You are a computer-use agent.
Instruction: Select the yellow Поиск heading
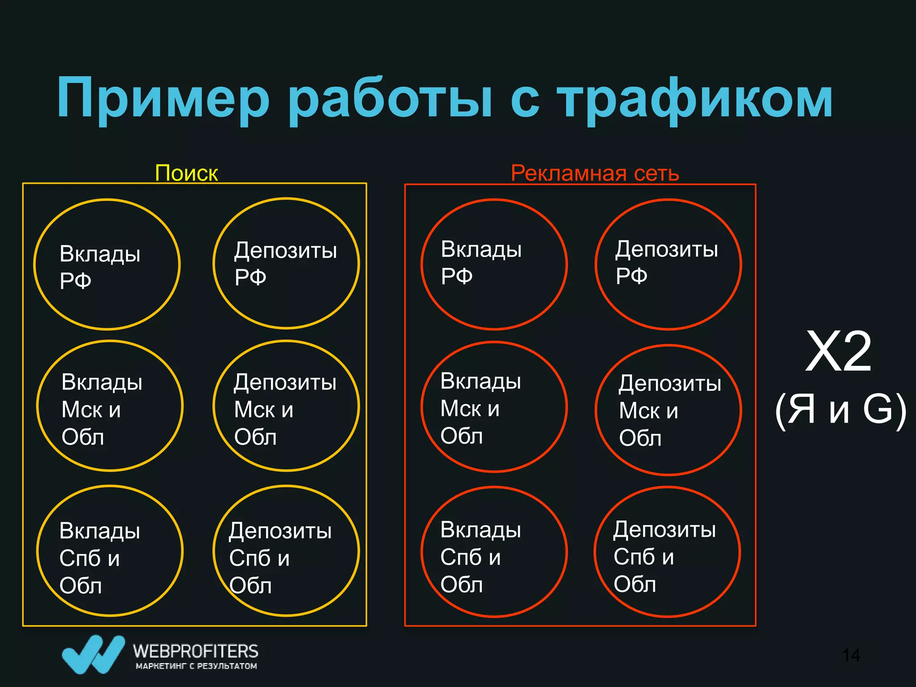click(x=186, y=173)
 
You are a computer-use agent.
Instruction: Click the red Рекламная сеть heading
click(x=595, y=173)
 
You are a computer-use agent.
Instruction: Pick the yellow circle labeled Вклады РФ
click(x=107, y=264)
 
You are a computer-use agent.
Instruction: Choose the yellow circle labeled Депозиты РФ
click(x=286, y=263)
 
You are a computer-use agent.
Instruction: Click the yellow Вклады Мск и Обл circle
click(x=110, y=406)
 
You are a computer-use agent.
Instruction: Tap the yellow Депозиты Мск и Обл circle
click(x=286, y=406)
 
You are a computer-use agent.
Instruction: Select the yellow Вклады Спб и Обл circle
click(x=110, y=551)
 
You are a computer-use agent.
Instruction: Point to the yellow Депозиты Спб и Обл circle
click(x=286, y=551)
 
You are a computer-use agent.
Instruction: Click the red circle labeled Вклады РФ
click(x=494, y=264)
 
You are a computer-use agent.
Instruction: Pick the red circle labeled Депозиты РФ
click(x=669, y=264)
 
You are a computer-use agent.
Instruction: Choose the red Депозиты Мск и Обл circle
click(x=669, y=410)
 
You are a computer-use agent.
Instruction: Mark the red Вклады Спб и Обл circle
click(x=494, y=552)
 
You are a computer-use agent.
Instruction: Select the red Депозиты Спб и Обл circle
click(x=667, y=552)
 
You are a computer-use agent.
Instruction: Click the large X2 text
click(x=839, y=352)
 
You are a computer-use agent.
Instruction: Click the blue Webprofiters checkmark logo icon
click(x=93, y=654)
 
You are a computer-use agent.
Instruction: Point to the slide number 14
click(x=851, y=655)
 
